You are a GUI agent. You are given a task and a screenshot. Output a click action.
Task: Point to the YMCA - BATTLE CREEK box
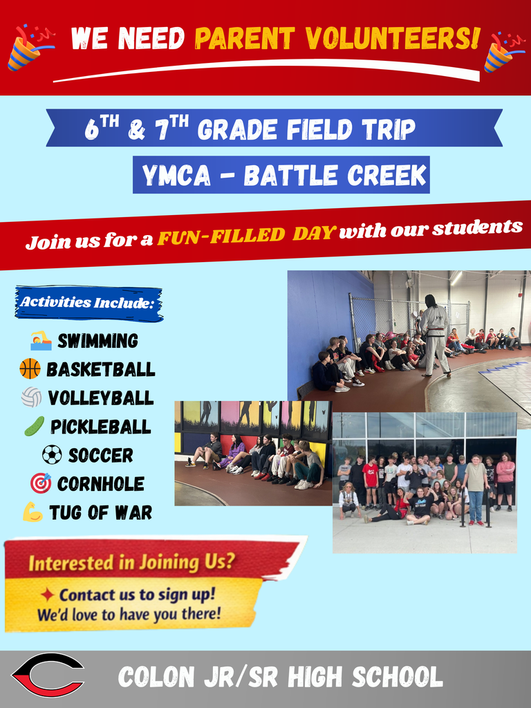click(281, 176)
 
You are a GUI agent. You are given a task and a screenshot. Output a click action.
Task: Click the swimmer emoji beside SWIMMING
click(41, 340)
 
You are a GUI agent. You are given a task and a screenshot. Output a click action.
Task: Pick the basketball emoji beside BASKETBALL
click(30, 369)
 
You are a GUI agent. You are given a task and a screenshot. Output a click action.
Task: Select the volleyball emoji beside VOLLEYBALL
click(31, 398)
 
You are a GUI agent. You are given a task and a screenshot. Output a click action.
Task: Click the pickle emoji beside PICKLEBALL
click(34, 426)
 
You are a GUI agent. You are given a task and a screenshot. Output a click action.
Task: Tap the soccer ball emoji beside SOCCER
click(52, 454)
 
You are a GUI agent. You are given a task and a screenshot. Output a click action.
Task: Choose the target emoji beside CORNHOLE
click(41, 483)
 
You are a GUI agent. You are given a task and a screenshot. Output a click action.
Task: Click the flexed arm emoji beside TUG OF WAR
click(32, 512)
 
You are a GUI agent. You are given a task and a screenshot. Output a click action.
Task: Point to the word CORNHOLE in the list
click(101, 483)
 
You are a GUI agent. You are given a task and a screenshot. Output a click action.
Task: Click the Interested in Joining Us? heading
click(131, 562)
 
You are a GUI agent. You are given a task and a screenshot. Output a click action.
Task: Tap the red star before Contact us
click(48, 595)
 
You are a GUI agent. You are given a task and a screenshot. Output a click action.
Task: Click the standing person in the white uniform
click(434, 335)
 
